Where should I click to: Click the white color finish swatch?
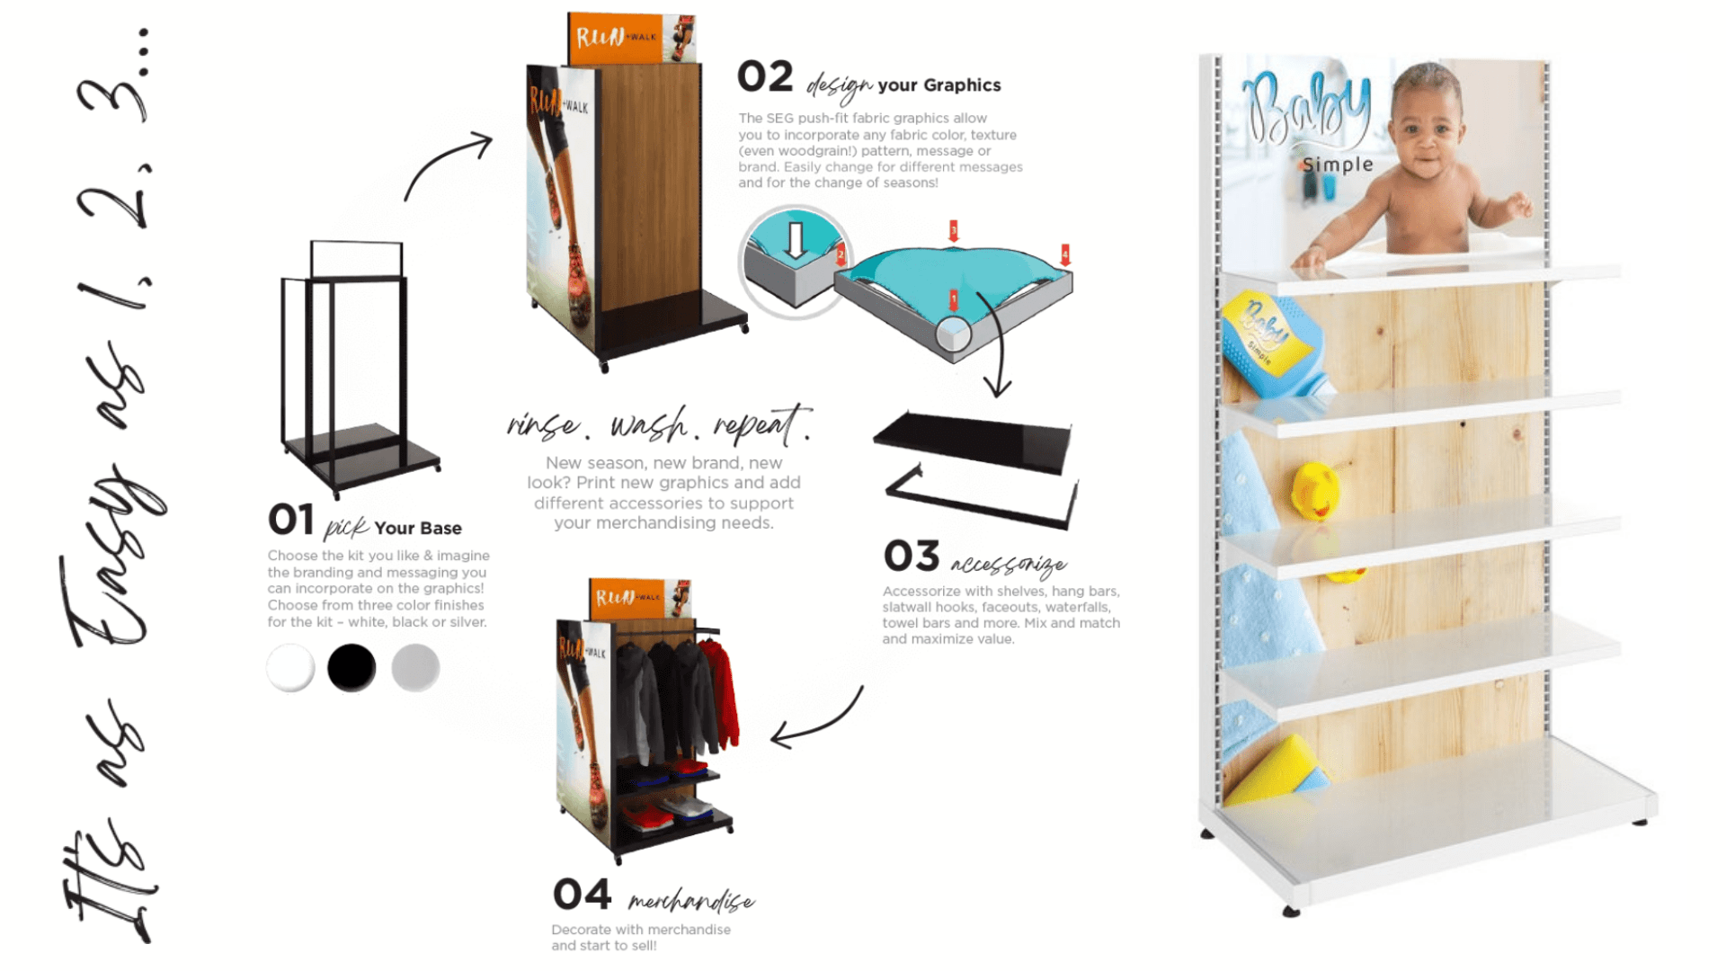(x=290, y=668)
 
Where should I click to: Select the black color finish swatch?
(x=351, y=668)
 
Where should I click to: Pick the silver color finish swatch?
(x=415, y=668)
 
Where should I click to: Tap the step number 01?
(x=291, y=520)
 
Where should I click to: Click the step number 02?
(x=765, y=77)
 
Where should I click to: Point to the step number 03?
(x=912, y=557)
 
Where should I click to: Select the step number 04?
(x=583, y=895)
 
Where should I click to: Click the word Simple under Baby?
(x=1339, y=165)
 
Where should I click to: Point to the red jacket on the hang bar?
(x=722, y=692)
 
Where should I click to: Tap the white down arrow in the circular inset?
(x=795, y=240)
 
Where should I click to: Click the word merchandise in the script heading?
(x=690, y=901)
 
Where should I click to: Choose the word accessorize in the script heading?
(x=1009, y=564)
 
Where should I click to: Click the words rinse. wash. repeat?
(x=659, y=424)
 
